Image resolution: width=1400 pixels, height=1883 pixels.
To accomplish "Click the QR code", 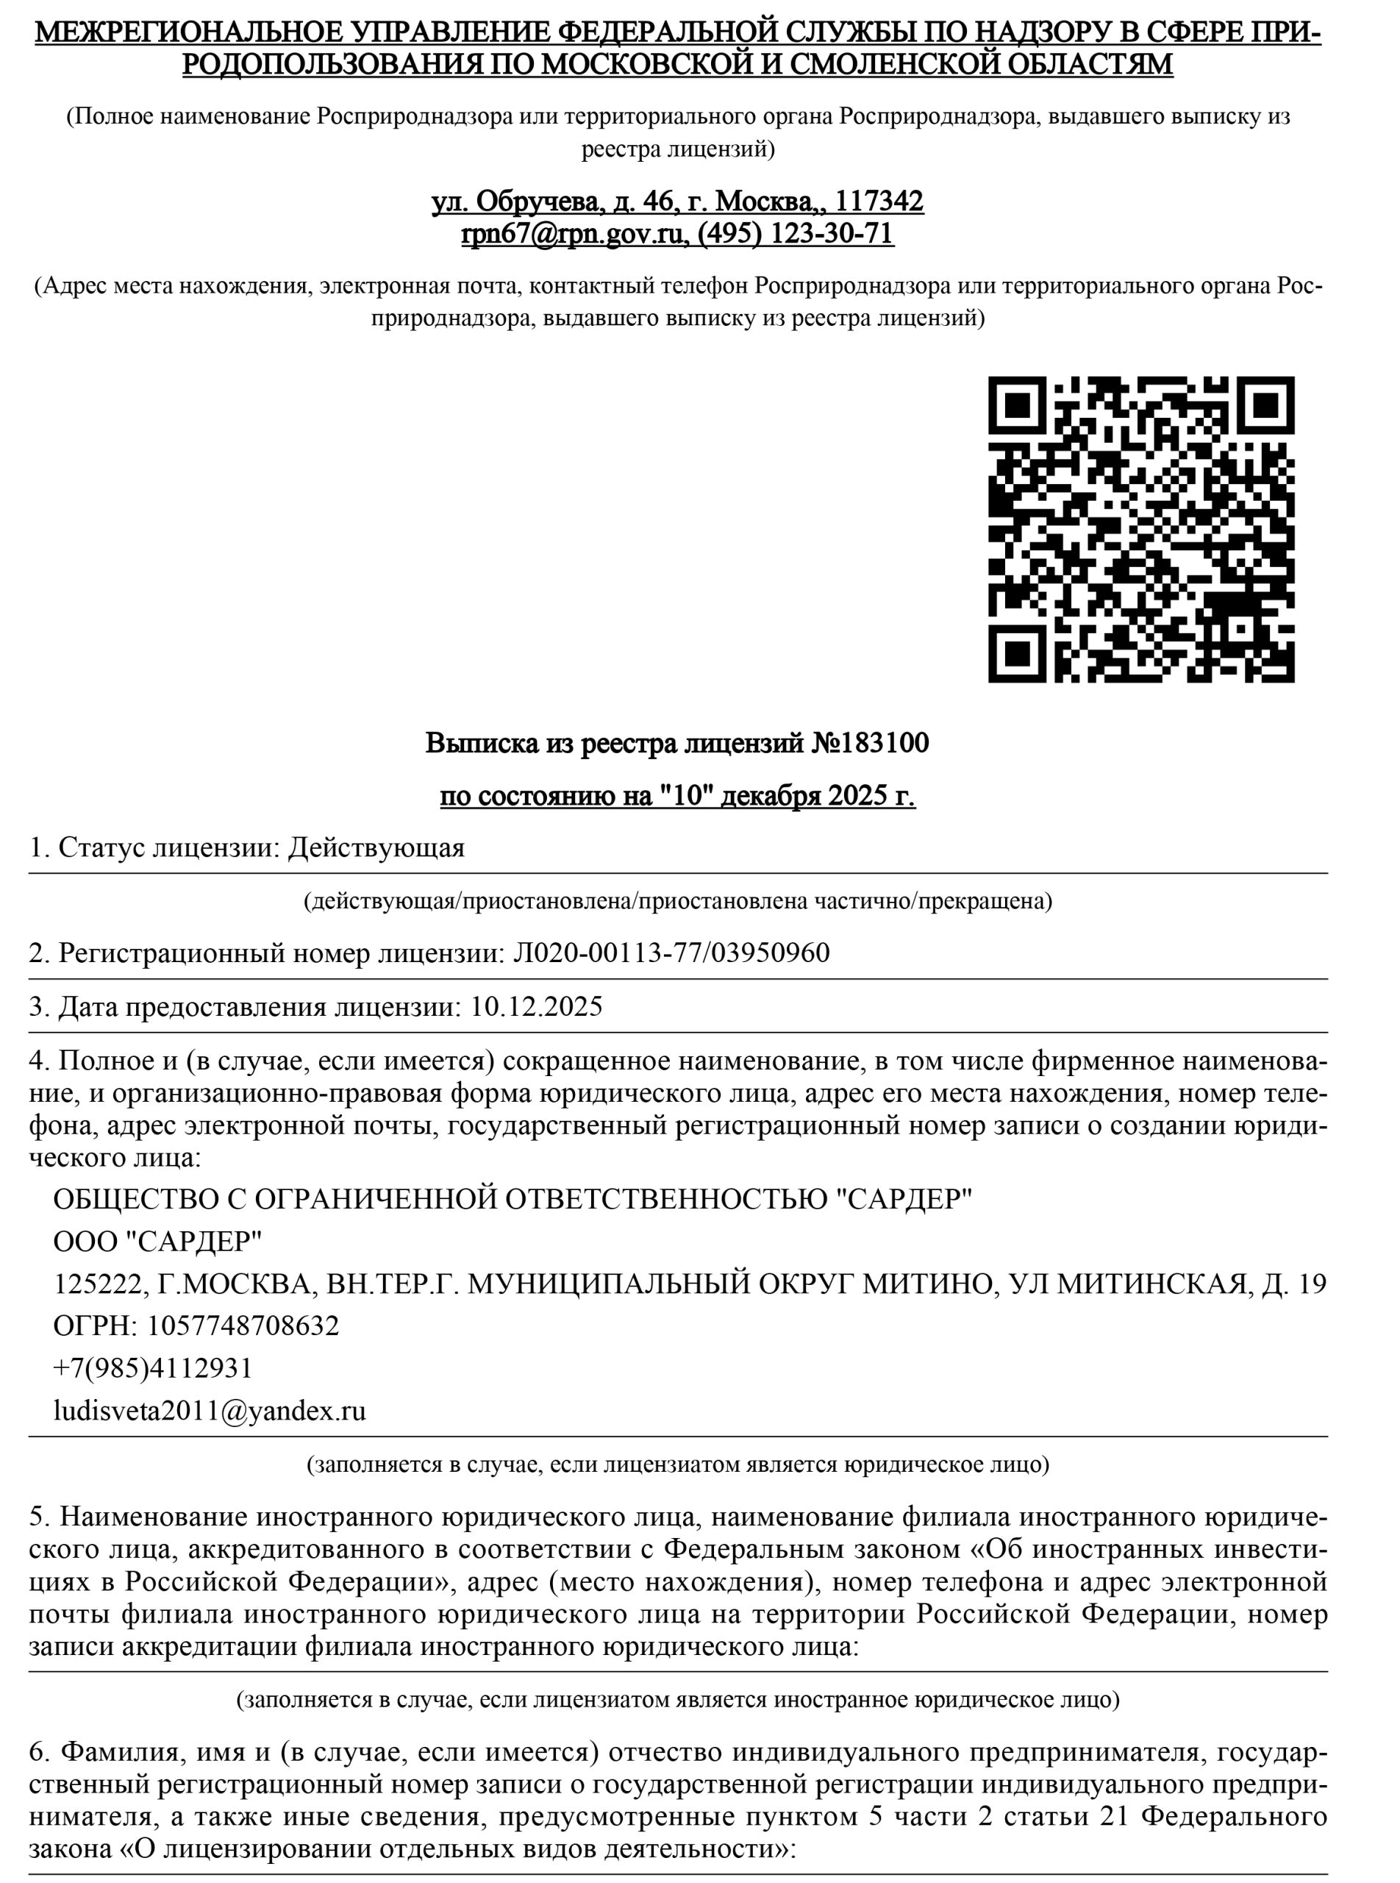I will click(1140, 529).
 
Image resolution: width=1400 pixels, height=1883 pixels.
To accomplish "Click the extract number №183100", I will click(871, 744).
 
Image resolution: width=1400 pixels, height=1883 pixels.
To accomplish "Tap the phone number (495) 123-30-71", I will click(795, 233).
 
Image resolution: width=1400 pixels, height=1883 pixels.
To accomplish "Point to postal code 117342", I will click(879, 201).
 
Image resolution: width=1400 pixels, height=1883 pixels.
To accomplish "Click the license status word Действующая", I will click(376, 848).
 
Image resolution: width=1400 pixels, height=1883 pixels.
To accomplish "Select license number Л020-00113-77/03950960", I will click(671, 953).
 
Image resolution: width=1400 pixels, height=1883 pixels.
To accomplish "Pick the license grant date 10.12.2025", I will click(537, 1006).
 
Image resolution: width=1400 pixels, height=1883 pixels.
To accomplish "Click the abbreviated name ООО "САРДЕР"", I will click(157, 1242).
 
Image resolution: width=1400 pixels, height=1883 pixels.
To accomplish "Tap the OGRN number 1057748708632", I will click(243, 1325).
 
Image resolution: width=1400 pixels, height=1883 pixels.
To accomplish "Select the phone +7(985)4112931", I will click(152, 1367).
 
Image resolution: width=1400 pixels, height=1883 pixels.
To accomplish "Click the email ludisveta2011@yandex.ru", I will click(210, 1411).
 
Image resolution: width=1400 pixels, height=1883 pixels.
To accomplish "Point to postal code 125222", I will click(96, 1284).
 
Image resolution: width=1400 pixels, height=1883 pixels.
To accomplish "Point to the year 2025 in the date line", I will click(857, 796).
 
